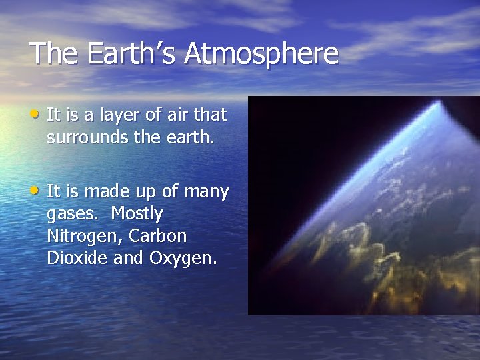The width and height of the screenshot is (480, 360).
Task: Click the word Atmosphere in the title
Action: (x=262, y=53)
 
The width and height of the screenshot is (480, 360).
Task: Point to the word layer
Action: (x=119, y=115)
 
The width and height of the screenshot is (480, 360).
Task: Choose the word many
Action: (x=206, y=193)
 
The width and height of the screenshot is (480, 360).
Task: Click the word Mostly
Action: (x=137, y=215)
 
